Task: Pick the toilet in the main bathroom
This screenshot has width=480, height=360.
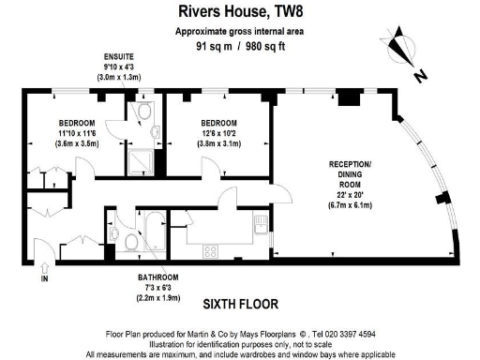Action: point(130,243)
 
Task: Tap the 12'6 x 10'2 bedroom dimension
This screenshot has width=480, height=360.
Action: point(218,133)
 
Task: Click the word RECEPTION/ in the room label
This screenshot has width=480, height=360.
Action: point(350,164)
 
